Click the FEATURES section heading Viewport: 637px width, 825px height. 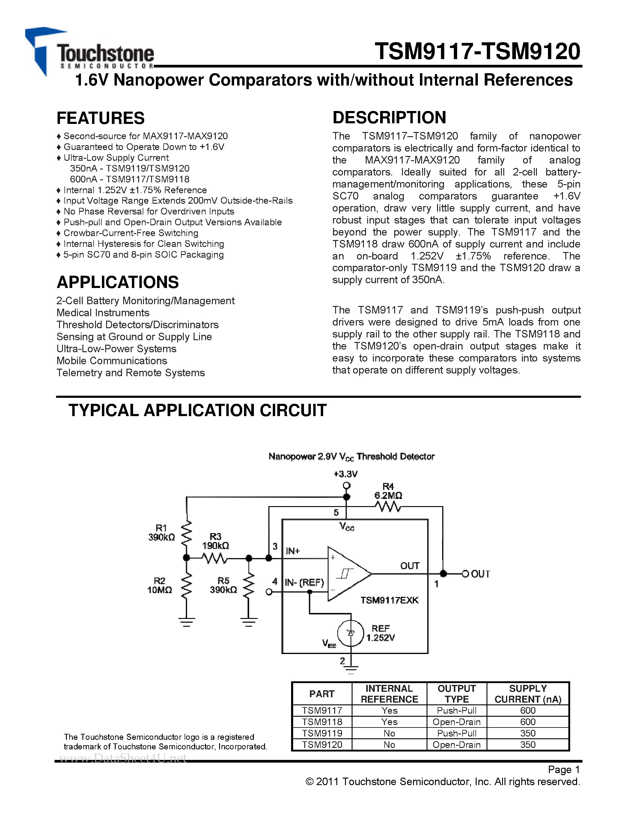100,118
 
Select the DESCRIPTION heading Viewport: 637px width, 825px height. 389,118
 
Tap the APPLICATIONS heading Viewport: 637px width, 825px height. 118,282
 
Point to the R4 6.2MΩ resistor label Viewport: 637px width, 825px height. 388,491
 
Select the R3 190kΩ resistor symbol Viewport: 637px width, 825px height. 214,558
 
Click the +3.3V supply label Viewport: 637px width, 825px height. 345,474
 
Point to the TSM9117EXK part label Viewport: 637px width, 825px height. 389,600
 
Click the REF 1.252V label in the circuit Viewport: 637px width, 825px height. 380,633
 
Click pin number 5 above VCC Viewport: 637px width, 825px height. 336,513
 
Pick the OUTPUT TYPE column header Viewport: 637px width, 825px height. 457,694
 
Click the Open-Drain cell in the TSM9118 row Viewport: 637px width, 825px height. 457,722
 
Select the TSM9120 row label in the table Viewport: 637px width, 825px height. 322,745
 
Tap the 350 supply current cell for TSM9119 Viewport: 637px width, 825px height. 528,733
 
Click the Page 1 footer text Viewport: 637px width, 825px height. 564,769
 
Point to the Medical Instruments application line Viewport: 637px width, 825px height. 103,313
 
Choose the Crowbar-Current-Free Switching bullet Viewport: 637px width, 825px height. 131,233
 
